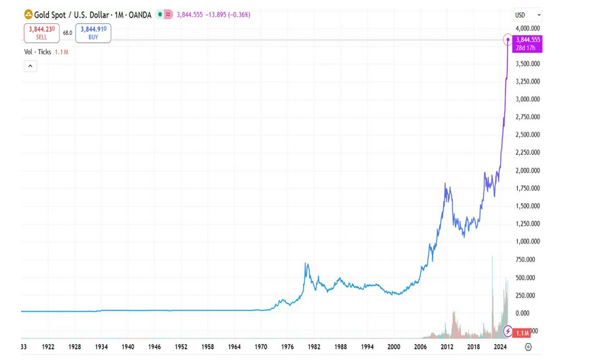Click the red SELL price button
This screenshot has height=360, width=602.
[x=41, y=33]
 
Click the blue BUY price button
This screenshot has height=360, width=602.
[x=93, y=33]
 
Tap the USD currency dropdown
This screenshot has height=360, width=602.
[x=527, y=15]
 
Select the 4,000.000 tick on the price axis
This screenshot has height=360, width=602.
[x=527, y=28]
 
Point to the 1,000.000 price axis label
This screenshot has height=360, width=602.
[x=527, y=242]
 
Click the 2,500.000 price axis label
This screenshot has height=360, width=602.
[x=527, y=134]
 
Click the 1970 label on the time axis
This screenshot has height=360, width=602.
[x=261, y=346]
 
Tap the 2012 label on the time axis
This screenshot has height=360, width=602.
[x=446, y=346]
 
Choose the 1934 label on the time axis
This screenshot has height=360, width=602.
[x=101, y=346]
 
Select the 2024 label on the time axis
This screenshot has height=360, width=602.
[x=499, y=346]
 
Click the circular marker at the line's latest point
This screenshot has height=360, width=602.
[x=508, y=41]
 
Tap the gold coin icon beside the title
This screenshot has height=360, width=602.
[x=28, y=14]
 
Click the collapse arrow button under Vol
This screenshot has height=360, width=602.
[x=30, y=66]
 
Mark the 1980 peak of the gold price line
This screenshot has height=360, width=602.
[x=306, y=264]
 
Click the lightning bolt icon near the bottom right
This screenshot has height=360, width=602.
[x=508, y=331]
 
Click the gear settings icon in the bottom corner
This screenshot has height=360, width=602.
[x=528, y=346]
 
